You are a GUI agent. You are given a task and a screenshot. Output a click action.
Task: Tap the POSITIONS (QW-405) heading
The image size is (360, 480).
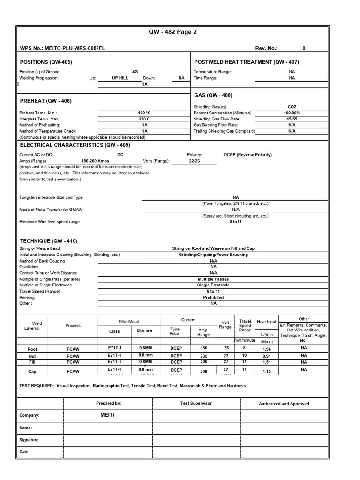tap(46, 62)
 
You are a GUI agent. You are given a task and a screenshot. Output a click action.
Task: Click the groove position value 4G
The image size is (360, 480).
tap(135, 72)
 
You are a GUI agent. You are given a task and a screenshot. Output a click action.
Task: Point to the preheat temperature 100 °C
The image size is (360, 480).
tap(144, 113)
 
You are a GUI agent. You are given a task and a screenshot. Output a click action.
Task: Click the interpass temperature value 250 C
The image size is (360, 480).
tap(144, 119)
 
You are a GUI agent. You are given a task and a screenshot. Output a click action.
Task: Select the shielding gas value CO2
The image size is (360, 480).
tap(292, 107)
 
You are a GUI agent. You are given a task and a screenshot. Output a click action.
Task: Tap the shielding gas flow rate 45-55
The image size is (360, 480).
tap(292, 119)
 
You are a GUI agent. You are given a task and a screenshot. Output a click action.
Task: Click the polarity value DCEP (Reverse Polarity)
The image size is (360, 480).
tap(247, 155)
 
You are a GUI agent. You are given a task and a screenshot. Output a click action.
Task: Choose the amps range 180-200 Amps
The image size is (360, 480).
tap(95, 161)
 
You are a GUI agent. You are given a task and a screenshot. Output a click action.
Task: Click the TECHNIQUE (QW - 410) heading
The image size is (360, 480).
tap(48, 240)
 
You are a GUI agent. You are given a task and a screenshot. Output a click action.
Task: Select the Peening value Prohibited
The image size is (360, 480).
tap(213, 297)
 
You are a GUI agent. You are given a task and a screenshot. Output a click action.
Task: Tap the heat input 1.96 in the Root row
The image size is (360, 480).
tap(266, 349)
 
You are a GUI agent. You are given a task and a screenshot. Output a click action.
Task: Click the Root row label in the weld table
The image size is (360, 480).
tap(32, 349)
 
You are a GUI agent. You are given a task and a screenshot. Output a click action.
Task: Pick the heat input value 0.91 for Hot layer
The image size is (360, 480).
tap(266, 356)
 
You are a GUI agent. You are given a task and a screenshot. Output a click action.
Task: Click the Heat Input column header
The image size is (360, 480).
tap(266, 322)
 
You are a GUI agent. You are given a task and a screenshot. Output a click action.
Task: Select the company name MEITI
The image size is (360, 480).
tap(107, 415)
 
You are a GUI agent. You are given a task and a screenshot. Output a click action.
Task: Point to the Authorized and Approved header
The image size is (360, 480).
tap(284, 403)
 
